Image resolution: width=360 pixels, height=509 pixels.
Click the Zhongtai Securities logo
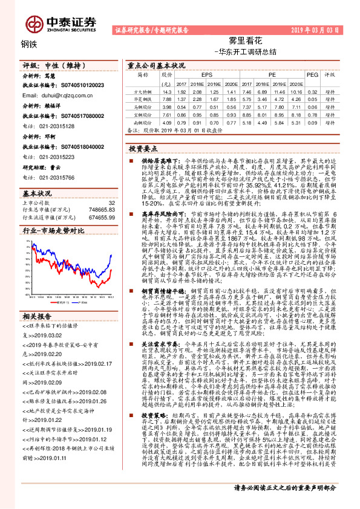pyautogui.click(x=60, y=23)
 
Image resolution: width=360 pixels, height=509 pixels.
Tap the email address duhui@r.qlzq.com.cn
pyautogui.click(x=64, y=96)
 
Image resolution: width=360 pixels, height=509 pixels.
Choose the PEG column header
pyautogui.click(x=312, y=76)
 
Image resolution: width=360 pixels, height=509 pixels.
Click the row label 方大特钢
pyautogui.click(x=143, y=90)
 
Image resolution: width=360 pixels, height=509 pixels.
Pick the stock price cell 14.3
pyautogui.click(x=168, y=90)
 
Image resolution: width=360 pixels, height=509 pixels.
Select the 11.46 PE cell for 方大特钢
pyautogui.click(x=278, y=90)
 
